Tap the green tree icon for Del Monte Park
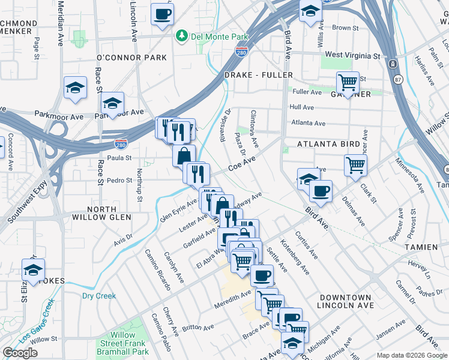click(x=182, y=37)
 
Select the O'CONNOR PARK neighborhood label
click(x=131, y=58)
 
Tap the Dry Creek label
click(x=98, y=296)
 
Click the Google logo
click(x=20, y=353)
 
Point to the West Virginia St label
click(x=353, y=55)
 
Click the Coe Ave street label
click(x=242, y=163)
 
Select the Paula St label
click(x=119, y=158)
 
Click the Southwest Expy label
click(x=22, y=208)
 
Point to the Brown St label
click(x=345, y=28)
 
